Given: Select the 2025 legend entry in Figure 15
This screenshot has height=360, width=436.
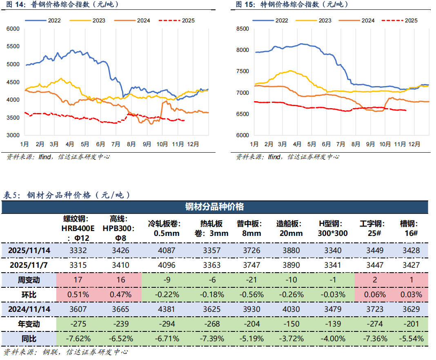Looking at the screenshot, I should coord(412,20).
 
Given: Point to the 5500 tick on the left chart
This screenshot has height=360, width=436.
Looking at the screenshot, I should coord(13,47).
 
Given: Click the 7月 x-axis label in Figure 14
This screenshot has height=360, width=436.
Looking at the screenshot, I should coord(116,144).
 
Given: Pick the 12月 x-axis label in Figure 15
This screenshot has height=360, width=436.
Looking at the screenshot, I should coord(415,144).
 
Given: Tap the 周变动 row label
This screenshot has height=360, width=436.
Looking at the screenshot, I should coord(29,280).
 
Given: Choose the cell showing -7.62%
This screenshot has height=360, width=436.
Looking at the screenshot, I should coord(78,338).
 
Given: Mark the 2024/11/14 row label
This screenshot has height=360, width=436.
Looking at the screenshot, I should coord(29,309).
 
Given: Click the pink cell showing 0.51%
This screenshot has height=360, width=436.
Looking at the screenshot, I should coord(78,294).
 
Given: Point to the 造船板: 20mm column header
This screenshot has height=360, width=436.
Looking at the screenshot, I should coord(289,229).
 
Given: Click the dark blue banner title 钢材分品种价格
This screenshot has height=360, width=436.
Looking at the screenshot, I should coord(215,207).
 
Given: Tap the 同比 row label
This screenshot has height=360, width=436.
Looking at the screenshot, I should coord(29,338).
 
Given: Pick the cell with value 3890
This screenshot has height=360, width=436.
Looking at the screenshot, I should coord(289,265).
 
